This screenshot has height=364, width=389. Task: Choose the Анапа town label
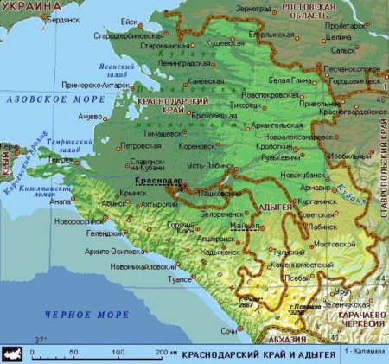pyautogui.click(x=62, y=203)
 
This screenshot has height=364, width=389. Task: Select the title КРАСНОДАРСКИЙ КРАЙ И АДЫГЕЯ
pyautogui.click(x=259, y=354)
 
